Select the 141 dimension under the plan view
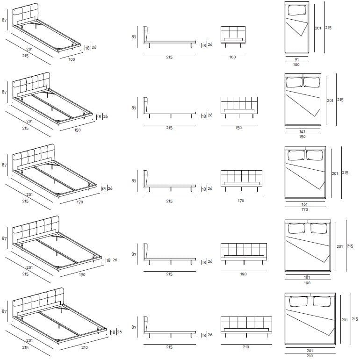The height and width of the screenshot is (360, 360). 302,131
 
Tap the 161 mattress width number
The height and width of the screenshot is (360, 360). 304,204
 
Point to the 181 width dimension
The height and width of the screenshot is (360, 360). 307,277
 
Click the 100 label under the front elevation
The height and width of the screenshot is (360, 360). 232,57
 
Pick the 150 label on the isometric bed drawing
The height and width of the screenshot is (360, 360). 78,130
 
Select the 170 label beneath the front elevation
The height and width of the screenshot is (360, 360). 241,201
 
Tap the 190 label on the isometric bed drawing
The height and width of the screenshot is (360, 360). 82,275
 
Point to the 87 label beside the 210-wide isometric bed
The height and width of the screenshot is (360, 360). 4,310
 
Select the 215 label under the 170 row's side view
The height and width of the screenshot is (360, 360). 169,201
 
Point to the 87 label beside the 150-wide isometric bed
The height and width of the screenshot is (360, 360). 4,93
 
